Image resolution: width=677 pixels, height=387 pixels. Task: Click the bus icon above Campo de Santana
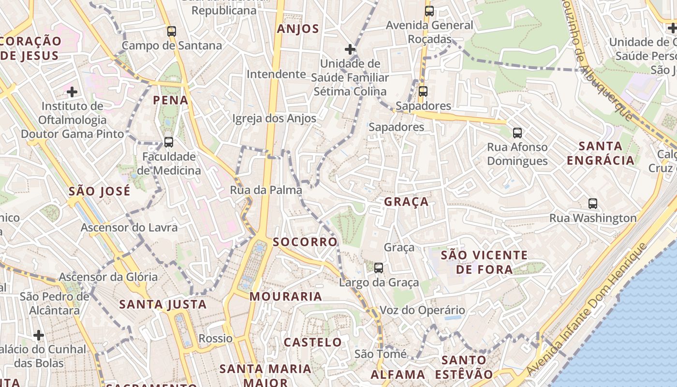click(x=172, y=31)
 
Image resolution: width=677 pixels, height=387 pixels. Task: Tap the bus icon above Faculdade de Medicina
click(x=169, y=142)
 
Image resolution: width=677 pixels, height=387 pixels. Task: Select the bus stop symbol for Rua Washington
click(x=593, y=204)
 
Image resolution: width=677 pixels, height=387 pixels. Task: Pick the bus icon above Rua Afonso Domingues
click(x=517, y=133)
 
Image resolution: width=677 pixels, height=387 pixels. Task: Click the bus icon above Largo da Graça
click(x=379, y=268)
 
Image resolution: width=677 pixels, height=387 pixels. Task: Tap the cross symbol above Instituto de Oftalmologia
click(x=72, y=91)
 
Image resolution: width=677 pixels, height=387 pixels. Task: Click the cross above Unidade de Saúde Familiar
click(x=350, y=49)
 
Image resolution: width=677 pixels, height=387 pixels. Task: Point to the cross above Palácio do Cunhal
click(x=39, y=335)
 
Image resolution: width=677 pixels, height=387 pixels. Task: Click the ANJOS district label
click(x=298, y=29)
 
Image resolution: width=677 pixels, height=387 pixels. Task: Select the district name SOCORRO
click(x=305, y=242)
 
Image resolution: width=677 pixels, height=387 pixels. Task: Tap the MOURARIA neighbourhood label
click(x=286, y=297)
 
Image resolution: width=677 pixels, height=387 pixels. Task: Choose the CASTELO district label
click(x=313, y=342)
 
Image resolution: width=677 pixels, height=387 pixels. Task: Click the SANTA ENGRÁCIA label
click(x=600, y=153)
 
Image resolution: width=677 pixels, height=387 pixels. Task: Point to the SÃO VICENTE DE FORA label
click(x=485, y=262)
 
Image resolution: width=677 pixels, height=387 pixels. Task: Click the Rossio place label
click(x=216, y=338)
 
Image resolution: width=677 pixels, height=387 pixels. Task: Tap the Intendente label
click(x=276, y=74)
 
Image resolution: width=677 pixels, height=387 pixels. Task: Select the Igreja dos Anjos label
click(x=274, y=119)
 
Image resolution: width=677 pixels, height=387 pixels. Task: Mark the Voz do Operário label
click(x=422, y=310)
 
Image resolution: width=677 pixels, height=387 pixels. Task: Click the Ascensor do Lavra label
click(x=129, y=227)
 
